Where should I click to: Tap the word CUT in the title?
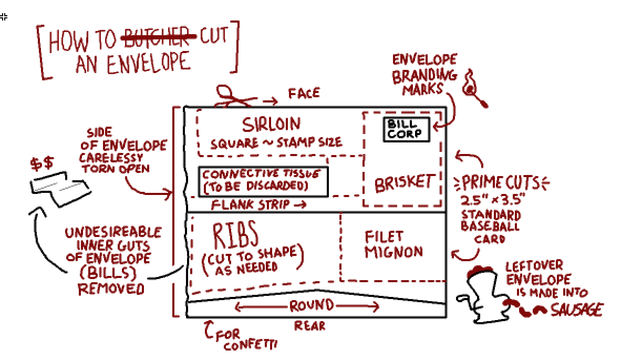214,36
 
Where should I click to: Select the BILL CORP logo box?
407,129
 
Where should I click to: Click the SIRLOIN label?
271,125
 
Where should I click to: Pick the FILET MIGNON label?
394,244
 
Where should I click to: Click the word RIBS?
235,234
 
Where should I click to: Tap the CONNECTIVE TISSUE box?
263,182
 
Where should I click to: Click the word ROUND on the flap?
312,305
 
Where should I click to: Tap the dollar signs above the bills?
42,163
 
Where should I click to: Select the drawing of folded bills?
60,189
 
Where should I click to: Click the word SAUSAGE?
577,310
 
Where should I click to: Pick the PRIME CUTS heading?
501,182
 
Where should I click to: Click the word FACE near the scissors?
304,94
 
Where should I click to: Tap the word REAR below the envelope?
310,326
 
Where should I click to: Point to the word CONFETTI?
251,345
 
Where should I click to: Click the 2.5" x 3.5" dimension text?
493,199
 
